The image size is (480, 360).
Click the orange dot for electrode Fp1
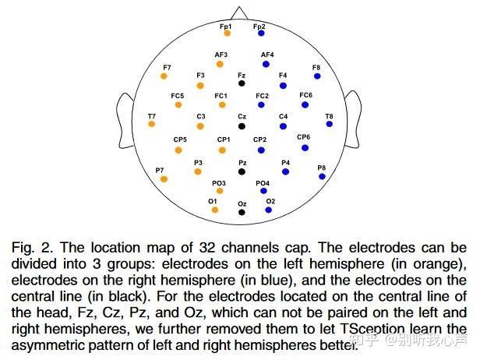pos(227,34)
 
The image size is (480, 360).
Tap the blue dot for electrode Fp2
pos(261,34)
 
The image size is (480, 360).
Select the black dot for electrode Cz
pos(242,126)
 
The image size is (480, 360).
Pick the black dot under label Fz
pos(242,83)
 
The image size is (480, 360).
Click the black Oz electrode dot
pos(242,212)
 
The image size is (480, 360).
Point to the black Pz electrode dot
pos(242,171)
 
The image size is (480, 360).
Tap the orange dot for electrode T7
pos(152,124)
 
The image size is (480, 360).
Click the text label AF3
pos(221,55)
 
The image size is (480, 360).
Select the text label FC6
pos(306,95)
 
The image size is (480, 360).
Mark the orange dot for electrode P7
pos(164,178)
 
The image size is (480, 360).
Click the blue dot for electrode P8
pos(322,177)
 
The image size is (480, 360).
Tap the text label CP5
pos(180,139)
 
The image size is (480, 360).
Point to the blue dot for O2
pos(268,210)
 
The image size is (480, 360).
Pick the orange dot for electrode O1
pos(214,210)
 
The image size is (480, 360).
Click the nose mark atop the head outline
pos(242,13)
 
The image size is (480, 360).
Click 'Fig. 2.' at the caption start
pos(30,247)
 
